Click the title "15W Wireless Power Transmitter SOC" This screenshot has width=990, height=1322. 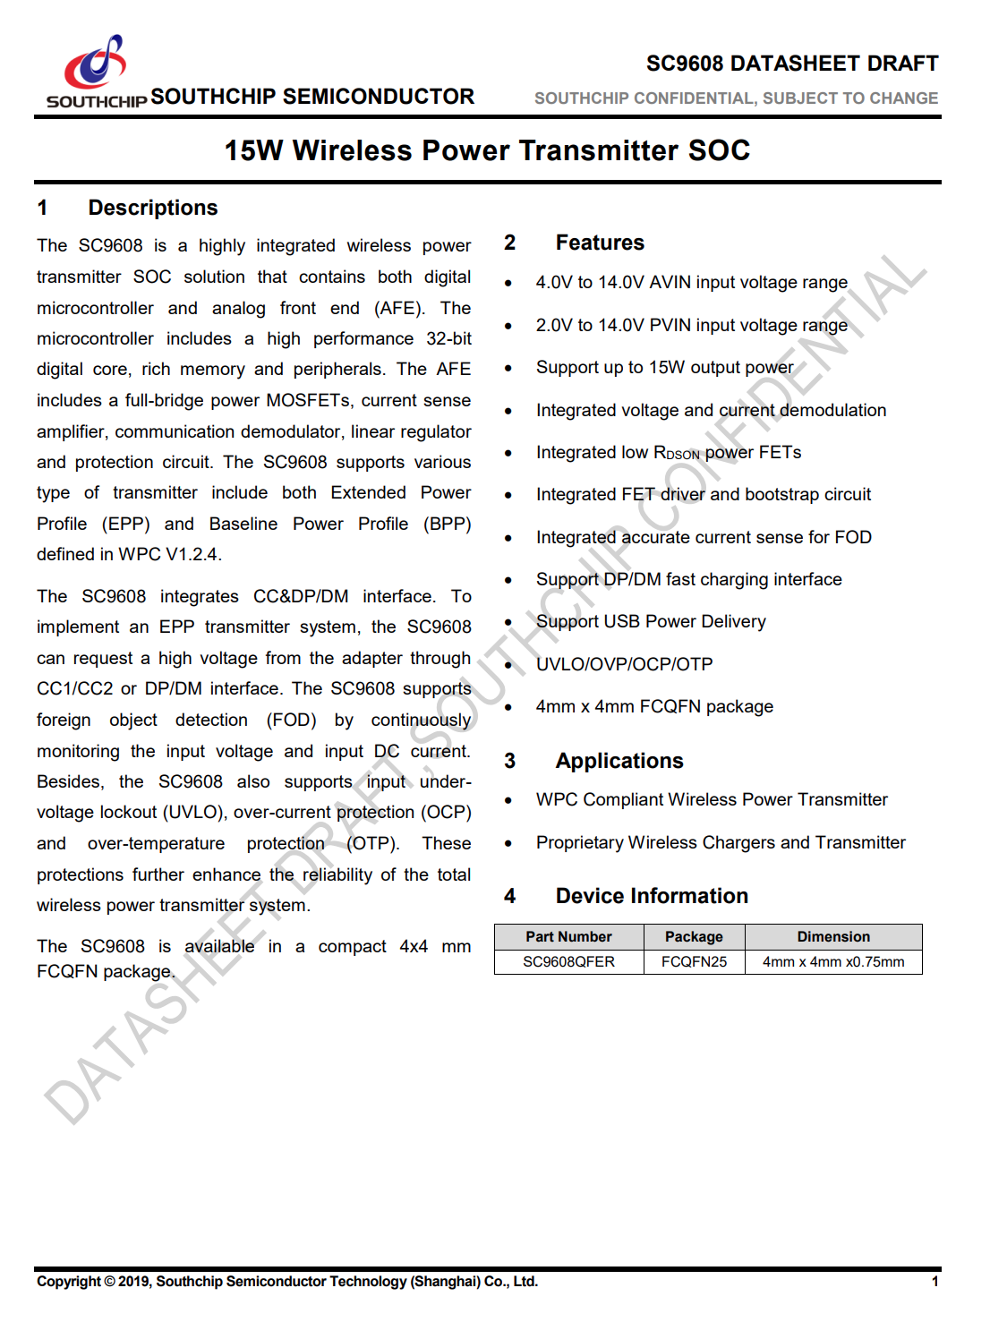coord(487,150)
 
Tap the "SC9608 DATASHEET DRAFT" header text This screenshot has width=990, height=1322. coord(791,64)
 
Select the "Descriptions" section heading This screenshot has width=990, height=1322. coord(152,208)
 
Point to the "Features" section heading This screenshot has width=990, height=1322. coord(599,243)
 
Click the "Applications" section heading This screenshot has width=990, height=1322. coord(619,761)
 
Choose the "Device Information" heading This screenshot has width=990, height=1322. coord(651,896)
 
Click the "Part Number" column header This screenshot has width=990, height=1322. coord(568,937)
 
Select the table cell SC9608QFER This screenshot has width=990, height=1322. coord(568,962)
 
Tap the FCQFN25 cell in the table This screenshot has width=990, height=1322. coord(694,962)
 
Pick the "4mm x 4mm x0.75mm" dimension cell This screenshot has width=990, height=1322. coord(833,962)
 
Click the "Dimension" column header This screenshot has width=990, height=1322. coord(833,937)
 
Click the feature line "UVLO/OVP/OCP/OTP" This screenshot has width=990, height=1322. coord(624,664)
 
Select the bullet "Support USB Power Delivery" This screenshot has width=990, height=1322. coord(651,621)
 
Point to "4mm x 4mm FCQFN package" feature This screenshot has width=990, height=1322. coord(654,706)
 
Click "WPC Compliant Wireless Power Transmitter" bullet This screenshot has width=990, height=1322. coord(712,799)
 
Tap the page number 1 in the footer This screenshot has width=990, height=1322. coord(935,1282)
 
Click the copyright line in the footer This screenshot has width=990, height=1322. coord(287,1282)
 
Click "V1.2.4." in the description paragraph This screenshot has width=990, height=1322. coord(193,554)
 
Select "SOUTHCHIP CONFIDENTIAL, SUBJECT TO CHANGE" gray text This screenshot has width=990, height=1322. coord(736,98)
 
